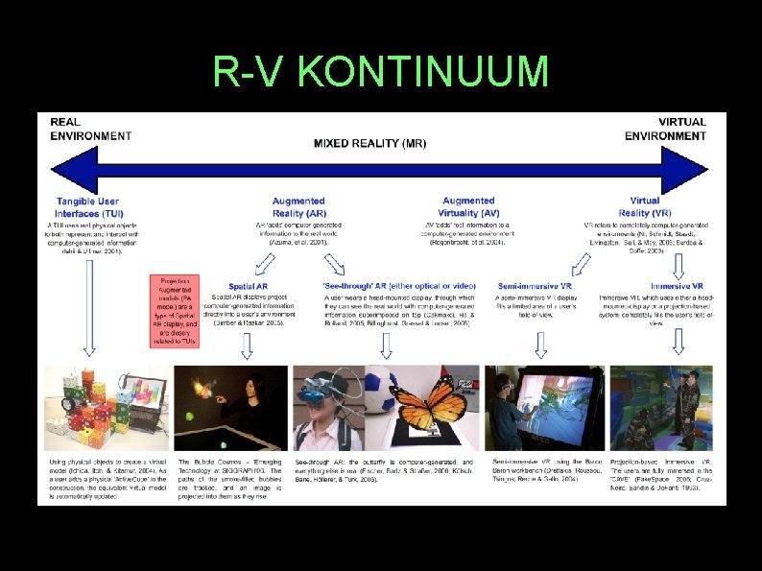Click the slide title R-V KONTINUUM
coord(381,73)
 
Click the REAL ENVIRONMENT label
coord(91,129)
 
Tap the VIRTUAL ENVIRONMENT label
coord(668,129)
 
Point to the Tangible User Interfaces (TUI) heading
coord(89,206)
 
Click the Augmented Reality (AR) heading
coord(298,206)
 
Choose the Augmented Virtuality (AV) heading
coord(468,206)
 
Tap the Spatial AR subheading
coord(248,286)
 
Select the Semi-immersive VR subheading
coord(536,286)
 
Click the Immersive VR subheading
coord(677,286)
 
